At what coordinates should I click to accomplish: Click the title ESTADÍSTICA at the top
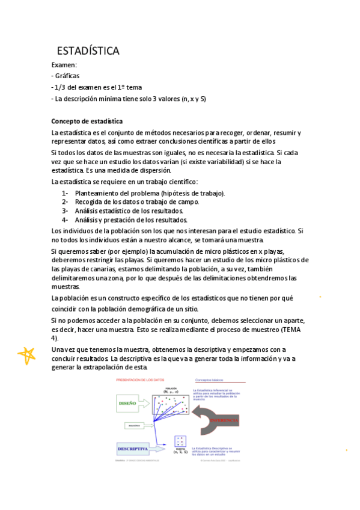coord(88,51)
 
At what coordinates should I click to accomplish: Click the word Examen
coord(64,65)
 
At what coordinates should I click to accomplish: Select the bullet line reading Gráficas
coord(67,76)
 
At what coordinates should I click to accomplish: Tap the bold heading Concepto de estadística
coord(87,121)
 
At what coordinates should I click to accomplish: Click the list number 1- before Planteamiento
coord(65,193)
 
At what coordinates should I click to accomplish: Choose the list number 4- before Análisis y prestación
coord(65,220)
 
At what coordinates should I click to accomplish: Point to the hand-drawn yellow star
coord(26,356)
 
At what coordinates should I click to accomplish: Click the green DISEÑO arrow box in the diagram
coord(130,404)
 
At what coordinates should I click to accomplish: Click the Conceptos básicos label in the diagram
coord(209,380)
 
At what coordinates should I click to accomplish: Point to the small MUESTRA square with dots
coord(179,441)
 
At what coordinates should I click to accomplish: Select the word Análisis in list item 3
coord(89,211)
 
